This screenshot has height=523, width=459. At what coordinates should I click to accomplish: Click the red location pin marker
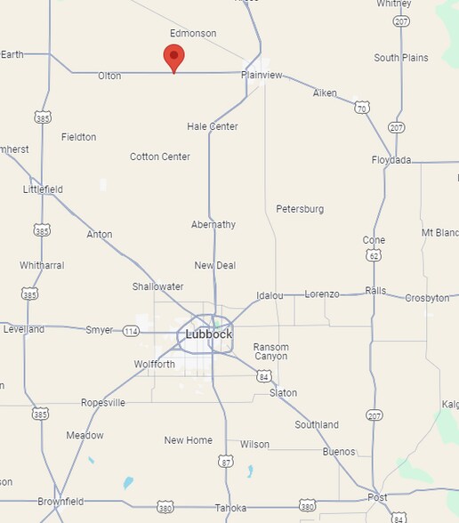174,59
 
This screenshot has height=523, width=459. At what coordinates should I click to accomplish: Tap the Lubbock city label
209,334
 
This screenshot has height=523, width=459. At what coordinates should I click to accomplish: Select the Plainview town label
262,76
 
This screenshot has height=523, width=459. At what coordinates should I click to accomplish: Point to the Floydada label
391,160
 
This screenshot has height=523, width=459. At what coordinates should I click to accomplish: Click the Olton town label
109,76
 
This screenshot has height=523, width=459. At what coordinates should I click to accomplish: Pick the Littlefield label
43,189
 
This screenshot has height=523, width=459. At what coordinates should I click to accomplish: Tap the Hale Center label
213,126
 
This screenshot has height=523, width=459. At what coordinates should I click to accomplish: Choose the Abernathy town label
213,225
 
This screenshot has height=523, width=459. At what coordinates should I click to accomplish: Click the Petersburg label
300,209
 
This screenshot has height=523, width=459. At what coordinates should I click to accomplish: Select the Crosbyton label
427,299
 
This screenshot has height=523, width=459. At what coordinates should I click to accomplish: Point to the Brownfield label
60,503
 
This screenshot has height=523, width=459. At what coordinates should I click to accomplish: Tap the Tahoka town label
230,508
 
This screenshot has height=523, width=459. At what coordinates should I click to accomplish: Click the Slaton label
283,393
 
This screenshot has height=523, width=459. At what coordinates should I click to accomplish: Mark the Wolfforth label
155,365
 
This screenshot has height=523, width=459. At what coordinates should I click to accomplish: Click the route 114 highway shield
132,331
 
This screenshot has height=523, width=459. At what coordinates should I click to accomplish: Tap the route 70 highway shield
361,108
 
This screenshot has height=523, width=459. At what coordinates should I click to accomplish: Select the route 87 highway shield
226,461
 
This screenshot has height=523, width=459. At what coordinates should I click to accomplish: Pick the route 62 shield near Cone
374,255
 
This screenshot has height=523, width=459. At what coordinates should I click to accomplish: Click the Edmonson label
193,34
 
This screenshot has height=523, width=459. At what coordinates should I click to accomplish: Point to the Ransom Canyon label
270,351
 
